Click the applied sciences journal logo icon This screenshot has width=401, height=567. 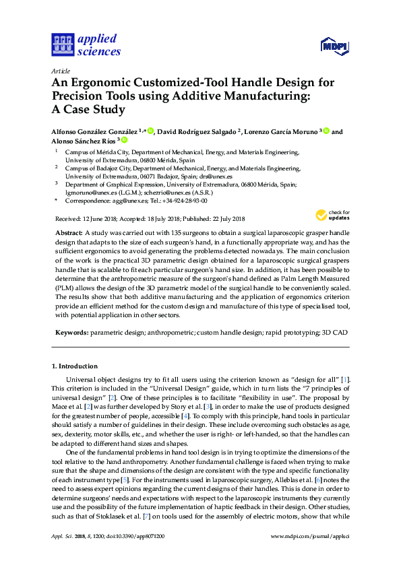[62, 44]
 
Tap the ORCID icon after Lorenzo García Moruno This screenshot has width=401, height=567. [326, 131]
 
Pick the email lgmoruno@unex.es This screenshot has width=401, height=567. [88, 192]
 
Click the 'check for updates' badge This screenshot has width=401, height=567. [332, 215]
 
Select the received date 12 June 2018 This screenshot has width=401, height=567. [103, 219]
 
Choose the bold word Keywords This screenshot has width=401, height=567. [71, 333]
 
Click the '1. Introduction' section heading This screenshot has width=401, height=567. [75, 366]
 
